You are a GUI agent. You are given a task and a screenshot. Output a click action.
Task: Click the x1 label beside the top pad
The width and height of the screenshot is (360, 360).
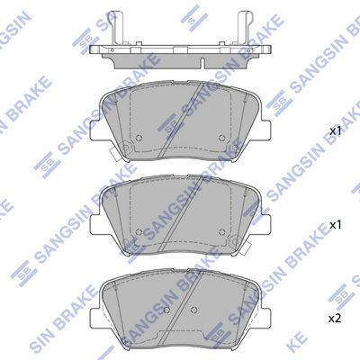tap(336, 130)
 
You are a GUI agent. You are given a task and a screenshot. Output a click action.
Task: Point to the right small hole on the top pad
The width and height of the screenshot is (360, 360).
tap(222, 138)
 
